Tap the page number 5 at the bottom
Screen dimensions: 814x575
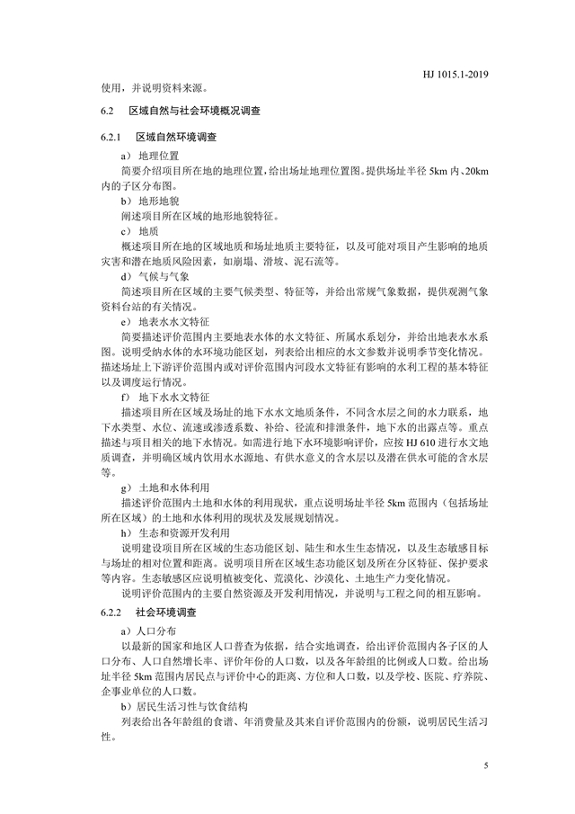coord(486,765)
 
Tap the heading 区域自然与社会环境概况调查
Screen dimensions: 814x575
coord(194,112)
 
